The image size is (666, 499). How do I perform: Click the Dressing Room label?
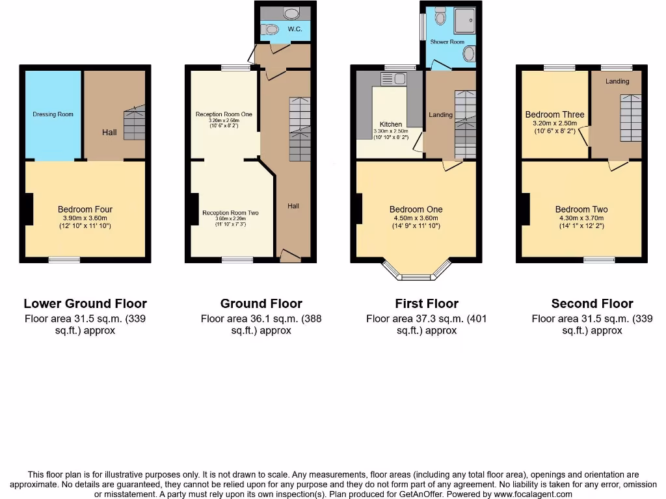tap(53, 114)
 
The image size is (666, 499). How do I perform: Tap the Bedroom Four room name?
tap(85, 209)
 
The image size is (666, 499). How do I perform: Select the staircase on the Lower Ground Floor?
tap(134, 123)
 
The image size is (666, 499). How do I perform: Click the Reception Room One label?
tap(224, 114)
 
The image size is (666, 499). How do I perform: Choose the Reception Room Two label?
tap(230, 213)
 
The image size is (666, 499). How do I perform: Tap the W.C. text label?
tap(295, 29)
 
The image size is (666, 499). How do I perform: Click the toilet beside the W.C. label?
tap(270, 29)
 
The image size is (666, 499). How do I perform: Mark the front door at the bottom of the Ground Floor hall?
tap(290, 258)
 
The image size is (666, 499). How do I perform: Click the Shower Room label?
tap(447, 42)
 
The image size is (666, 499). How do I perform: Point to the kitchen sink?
tap(394, 79)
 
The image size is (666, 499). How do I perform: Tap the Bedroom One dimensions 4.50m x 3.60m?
tap(416, 218)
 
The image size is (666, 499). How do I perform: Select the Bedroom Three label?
tap(555, 114)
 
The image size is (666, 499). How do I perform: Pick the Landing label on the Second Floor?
tap(617, 81)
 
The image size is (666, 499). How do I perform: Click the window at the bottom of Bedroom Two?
tap(599, 260)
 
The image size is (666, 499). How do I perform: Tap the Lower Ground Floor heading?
tap(85, 303)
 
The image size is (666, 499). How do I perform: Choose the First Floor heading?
tap(427, 303)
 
